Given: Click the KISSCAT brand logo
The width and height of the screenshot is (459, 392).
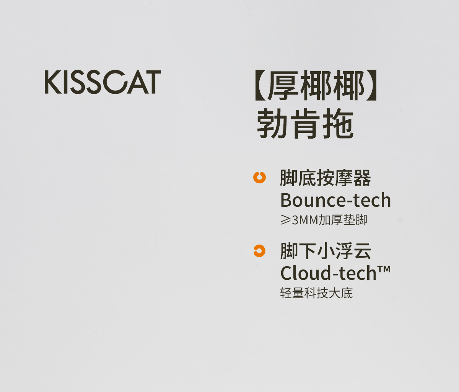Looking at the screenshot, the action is coord(103,82).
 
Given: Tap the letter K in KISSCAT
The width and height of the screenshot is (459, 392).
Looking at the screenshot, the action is coord(53,82).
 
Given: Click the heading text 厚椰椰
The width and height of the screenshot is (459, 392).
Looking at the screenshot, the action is coord(316,85).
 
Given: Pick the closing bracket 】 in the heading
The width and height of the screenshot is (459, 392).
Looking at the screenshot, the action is coord(371,85).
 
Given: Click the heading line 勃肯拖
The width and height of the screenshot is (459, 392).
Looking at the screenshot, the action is coord(305,124).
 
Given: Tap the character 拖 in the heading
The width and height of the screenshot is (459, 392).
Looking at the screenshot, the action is coord(338,124).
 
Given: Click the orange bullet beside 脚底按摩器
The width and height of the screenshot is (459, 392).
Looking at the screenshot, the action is coord(259,177).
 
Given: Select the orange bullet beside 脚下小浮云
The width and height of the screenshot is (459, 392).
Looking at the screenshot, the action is coord(259,251).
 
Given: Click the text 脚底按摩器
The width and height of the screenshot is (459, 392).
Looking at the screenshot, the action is coord(326,178).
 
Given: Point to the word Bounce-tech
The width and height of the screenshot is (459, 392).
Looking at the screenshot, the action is coord(335,200).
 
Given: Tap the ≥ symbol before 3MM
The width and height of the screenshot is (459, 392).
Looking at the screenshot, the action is coord(286,220).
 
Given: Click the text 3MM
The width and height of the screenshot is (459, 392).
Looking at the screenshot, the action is coord(305,220).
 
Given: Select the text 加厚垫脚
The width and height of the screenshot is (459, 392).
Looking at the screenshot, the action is coord(343,220).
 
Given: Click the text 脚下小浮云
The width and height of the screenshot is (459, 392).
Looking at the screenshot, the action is coord(326,251).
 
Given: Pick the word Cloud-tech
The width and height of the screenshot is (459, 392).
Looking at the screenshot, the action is coord(329,273).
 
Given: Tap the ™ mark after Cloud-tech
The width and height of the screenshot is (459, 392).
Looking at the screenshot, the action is coord(384,269).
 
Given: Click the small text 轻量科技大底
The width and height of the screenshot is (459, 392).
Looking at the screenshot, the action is coord(316,293).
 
